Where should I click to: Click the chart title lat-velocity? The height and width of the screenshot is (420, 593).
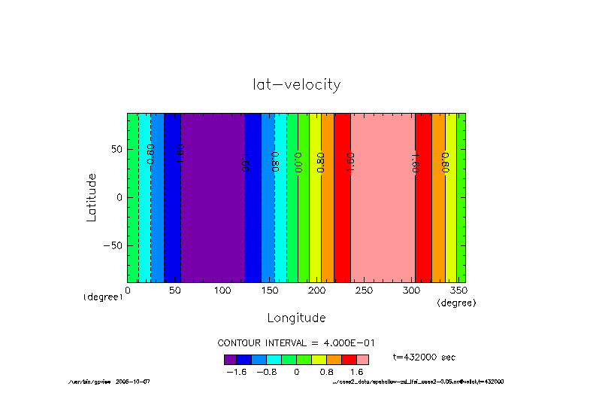point(296,84)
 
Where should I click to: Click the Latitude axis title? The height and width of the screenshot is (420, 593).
point(92,196)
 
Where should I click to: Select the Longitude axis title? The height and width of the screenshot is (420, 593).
point(296,317)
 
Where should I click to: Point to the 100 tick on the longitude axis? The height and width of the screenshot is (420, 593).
point(222,290)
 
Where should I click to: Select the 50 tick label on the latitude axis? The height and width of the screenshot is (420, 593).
point(116,149)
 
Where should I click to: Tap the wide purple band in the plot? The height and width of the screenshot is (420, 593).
point(212,197)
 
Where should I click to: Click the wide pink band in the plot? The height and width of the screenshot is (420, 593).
point(383,197)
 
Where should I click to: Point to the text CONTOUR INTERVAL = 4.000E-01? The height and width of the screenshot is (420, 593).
point(296,342)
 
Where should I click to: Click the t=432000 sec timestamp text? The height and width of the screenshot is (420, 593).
point(424,357)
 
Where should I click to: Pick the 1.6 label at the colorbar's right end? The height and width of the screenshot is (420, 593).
point(359,371)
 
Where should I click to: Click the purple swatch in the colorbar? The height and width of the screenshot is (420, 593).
point(230,359)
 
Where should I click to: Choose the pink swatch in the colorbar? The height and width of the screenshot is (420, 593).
point(362,359)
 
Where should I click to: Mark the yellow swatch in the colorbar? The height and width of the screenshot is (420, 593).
point(318,359)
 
